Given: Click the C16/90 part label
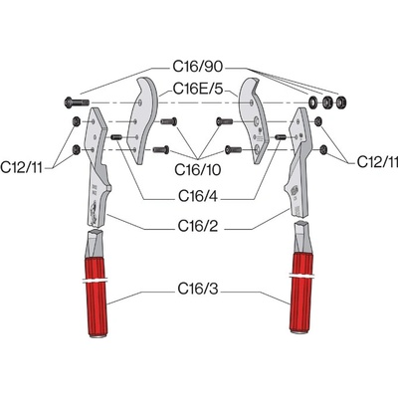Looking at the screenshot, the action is [x=198, y=67].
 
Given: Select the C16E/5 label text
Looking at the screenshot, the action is [x=198, y=89].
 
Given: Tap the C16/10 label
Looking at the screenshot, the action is [x=198, y=170].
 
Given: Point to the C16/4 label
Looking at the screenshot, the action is [x=198, y=196].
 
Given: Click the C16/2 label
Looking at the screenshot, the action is [x=198, y=226].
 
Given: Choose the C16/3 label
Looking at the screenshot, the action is [x=198, y=289].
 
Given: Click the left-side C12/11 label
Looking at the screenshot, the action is [x=22, y=167].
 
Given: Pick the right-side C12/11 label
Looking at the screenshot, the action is [x=377, y=162].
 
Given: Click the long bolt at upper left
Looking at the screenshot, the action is [x=77, y=101].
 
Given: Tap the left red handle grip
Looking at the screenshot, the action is [x=97, y=297].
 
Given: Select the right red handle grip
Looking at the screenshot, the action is [x=301, y=293].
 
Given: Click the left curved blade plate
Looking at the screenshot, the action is [x=144, y=120].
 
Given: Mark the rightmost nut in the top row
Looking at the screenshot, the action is [x=339, y=102].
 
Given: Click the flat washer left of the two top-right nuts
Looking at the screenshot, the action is [x=312, y=102].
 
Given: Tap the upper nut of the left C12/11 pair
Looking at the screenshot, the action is [x=76, y=122].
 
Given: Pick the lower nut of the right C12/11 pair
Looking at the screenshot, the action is [x=323, y=150].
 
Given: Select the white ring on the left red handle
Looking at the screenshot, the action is [x=95, y=282].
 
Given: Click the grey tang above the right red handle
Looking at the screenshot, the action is [x=301, y=237].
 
